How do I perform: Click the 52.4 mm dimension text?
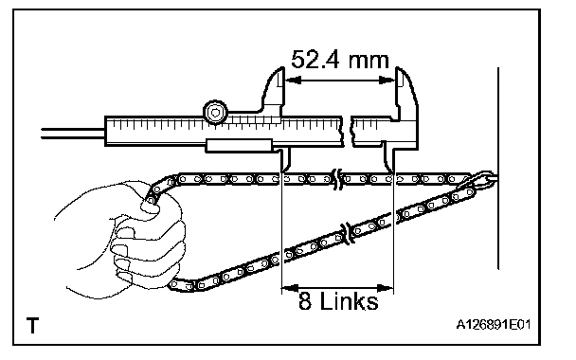(340, 60)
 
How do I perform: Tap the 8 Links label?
(338, 301)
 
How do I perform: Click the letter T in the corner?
(33, 326)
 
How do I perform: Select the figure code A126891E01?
(494, 325)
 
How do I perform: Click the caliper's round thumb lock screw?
(215, 112)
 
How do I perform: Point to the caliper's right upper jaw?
(406, 92)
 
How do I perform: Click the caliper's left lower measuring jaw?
(285, 159)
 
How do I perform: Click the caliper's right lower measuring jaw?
(388, 158)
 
